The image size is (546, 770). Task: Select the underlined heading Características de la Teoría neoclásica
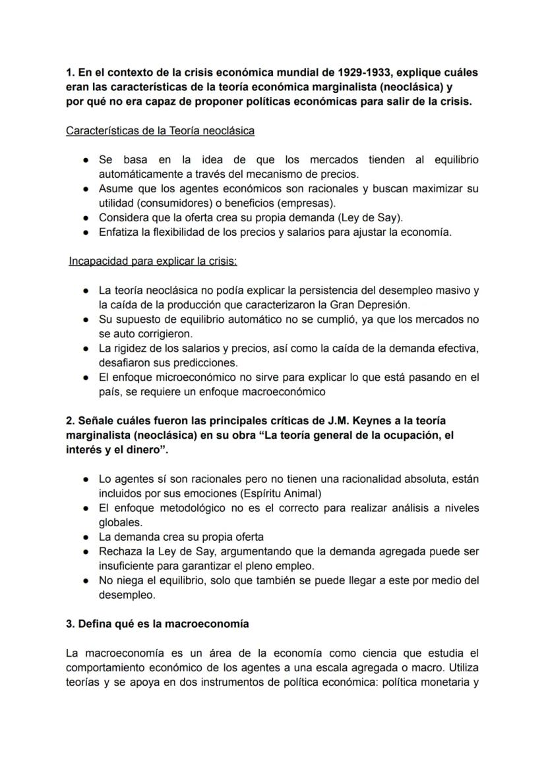160,130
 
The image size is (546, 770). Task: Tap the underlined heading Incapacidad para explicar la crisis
153,261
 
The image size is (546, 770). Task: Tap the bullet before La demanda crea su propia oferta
86,537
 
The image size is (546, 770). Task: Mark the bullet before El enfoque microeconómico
86,377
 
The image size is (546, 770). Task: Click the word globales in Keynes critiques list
120,522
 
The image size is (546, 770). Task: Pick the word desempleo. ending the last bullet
127,595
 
